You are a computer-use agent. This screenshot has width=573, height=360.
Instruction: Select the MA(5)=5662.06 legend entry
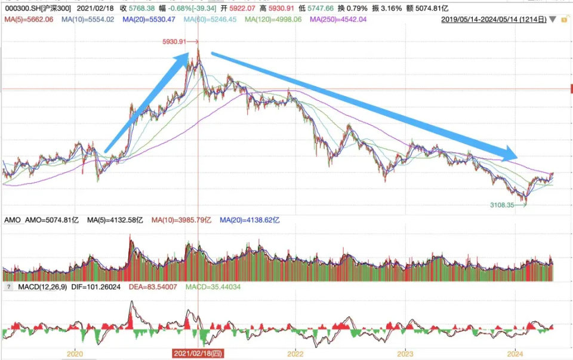point(29,20)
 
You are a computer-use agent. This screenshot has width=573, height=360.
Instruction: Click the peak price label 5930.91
point(174,42)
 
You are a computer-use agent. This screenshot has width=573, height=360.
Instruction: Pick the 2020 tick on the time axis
point(75,353)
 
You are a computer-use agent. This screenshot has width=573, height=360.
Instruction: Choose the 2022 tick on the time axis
point(295,353)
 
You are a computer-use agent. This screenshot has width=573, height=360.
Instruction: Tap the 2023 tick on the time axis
point(405,353)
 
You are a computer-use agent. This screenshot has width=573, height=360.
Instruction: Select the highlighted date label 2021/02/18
point(198,354)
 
